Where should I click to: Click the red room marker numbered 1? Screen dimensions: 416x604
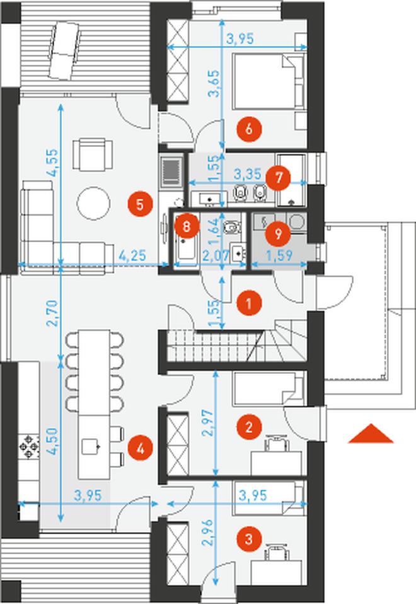(x=249, y=303)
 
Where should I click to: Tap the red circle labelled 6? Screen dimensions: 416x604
(x=249, y=129)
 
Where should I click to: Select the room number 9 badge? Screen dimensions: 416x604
(x=278, y=233)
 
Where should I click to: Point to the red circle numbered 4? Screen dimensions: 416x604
(x=140, y=448)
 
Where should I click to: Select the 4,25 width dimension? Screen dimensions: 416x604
(x=132, y=255)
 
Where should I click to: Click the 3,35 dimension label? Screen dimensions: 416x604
(x=248, y=174)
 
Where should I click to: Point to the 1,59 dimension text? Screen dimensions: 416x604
(x=279, y=255)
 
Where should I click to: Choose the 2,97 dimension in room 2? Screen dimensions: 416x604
(x=207, y=422)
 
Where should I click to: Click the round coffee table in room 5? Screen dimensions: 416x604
(x=93, y=203)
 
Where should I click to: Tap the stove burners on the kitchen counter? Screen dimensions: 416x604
(x=29, y=447)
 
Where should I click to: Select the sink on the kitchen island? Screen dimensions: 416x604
(x=91, y=447)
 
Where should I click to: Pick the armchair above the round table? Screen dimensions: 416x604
(x=93, y=155)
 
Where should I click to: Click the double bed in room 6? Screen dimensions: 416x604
(x=268, y=80)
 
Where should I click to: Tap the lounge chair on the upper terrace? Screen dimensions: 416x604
(x=65, y=50)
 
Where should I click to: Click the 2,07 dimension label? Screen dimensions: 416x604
(x=216, y=255)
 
